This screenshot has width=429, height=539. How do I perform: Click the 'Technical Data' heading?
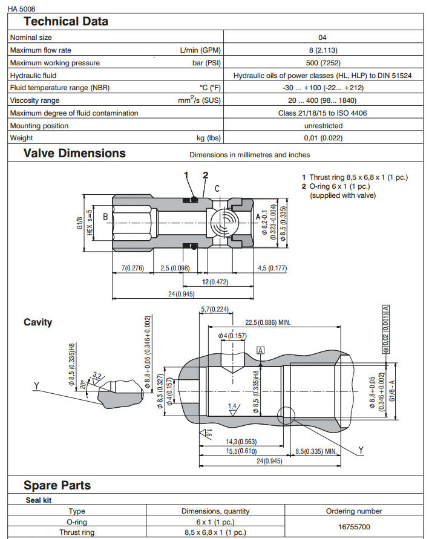[65, 22]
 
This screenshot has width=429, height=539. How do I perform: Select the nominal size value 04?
[323, 38]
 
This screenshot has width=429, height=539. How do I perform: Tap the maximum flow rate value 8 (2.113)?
[323, 50]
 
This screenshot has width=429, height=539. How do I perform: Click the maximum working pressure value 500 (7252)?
[323, 63]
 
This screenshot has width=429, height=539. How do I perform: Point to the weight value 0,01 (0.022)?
[323, 139]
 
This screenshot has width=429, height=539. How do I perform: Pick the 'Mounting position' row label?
[39, 126]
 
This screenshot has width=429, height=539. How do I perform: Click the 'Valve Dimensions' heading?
[74, 153]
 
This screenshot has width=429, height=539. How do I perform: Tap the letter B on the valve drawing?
[105, 216]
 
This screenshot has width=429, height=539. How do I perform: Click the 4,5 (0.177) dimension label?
[272, 268]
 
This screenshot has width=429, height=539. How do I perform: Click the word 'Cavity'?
[38, 322]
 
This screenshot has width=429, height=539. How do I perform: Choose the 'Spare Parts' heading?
[57, 485]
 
